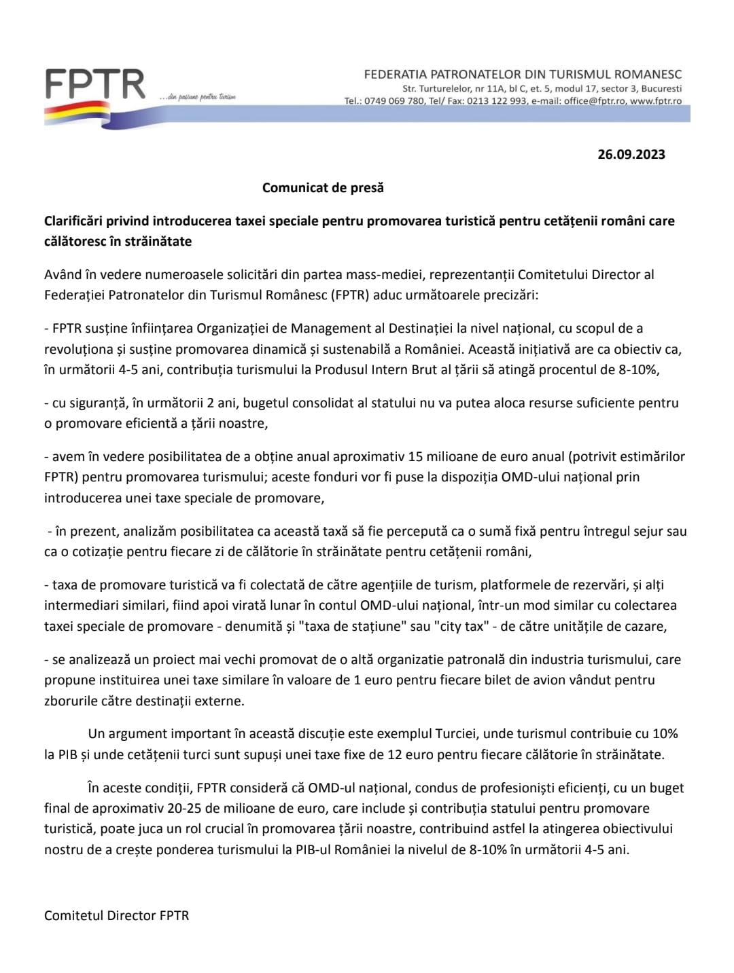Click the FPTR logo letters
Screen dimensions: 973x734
pos(95,84)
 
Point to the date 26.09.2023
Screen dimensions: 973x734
pos(631,154)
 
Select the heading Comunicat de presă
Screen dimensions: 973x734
pos(323,187)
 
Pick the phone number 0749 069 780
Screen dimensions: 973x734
pos(394,101)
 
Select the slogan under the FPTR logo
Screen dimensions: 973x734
pos(197,98)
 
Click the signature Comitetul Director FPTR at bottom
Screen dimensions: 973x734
pos(116,915)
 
